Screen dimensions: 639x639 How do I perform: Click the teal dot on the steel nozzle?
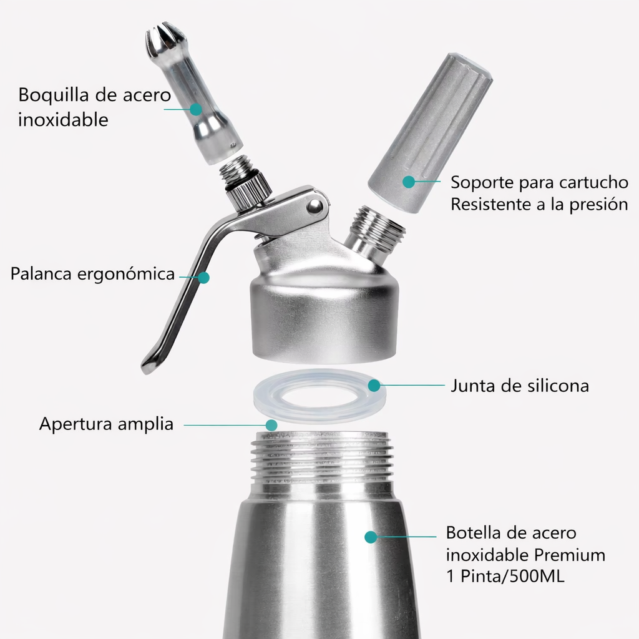[x=196, y=109]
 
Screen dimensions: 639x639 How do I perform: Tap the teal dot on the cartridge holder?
[x=409, y=182]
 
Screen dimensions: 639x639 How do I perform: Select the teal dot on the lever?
[x=204, y=278]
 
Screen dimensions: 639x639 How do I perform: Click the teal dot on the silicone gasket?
[x=374, y=385]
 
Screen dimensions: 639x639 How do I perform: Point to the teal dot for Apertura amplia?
[x=271, y=425]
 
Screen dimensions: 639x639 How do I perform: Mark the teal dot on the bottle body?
[x=371, y=537]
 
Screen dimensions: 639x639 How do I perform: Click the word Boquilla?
[x=54, y=95]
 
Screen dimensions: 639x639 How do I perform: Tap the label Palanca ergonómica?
[x=92, y=274]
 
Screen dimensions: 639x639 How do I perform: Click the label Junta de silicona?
[x=520, y=386]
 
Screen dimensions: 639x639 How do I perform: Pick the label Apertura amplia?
[x=106, y=424]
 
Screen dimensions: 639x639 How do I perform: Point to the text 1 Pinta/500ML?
[x=505, y=576]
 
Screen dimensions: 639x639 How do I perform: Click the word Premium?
[x=570, y=555]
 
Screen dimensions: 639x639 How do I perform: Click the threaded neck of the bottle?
[x=322, y=456]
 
